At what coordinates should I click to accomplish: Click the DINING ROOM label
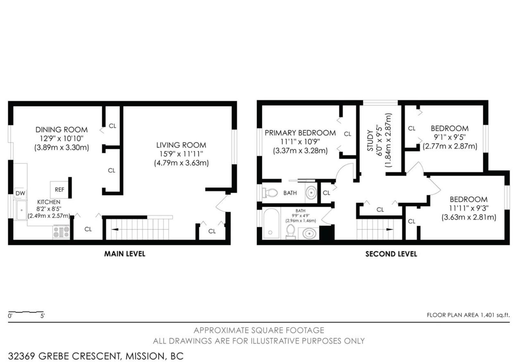(62, 130)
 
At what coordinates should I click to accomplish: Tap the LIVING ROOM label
(181, 145)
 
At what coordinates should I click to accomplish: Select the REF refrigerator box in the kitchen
(59, 190)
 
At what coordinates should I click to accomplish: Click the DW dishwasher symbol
(20, 193)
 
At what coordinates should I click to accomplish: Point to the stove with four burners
(61, 232)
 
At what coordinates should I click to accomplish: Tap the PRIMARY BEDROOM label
(300, 133)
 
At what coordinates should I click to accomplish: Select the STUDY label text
(370, 140)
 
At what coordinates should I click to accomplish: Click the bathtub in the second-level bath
(271, 223)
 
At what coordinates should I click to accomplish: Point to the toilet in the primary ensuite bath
(270, 193)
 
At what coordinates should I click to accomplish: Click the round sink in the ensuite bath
(311, 192)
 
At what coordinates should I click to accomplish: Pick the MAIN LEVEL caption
(125, 254)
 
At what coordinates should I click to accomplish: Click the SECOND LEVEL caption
(391, 254)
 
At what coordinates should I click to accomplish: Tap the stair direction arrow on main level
(115, 229)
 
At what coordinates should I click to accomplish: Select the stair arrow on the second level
(390, 229)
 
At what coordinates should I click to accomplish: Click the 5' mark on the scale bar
(42, 316)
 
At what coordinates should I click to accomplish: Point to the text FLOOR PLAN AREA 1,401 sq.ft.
(468, 315)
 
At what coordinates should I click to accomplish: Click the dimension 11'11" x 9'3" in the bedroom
(469, 208)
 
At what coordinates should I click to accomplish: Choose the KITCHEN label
(49, 202)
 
